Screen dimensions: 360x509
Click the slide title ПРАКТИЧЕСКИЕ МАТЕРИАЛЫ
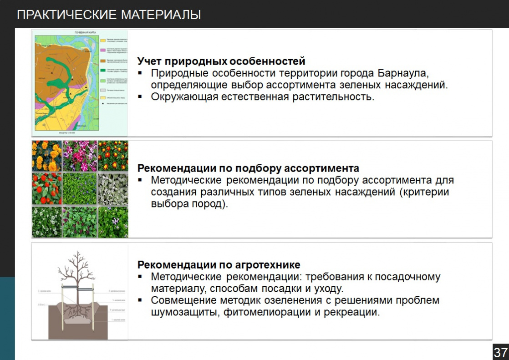pos(109,15)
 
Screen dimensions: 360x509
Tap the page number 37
pos(500,352)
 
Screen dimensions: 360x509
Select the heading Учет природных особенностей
pos(221,61)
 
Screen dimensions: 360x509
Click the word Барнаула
pos(403,73)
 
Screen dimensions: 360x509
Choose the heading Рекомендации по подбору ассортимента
pos(248,168)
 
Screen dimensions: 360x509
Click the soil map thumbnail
pos(80,83)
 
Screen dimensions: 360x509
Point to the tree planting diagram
pos(80,291)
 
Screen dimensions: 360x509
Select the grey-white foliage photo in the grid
pos(113,188)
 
